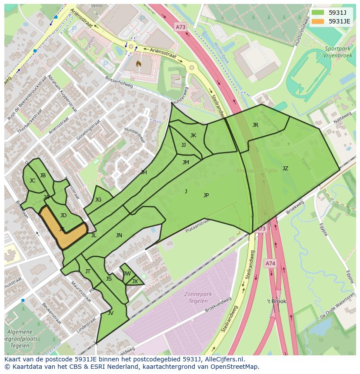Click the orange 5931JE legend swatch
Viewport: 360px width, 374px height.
(x=317, y=21)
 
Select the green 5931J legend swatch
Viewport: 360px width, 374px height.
(x=317, y=13)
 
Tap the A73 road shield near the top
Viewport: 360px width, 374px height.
(x=180, y=27)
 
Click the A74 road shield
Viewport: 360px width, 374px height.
(x=270, y=263)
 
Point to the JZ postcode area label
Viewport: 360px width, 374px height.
(x=285, y=169)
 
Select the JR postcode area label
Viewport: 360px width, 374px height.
(x=255, y=125)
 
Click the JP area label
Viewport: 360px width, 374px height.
(x=206, y=195)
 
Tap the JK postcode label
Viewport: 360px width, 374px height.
(x=193, y=136)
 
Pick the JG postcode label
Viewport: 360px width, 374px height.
(x=98, y=200)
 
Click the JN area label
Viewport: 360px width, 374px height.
(x=119, y=235)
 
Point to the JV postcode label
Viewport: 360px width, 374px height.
(x=110, y=313)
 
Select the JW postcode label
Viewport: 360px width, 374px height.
(x=127, y=274)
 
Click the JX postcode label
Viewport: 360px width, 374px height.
(x=135, y=281)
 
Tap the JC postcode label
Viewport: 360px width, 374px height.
(x=32, y=181)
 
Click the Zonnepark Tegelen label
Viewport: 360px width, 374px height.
(x=198, y=297)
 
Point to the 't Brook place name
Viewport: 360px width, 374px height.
(x=277, y=301)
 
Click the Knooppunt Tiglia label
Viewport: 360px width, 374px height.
(x=256, y=171)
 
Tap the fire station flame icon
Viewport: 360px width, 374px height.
(x=139, y=63)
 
